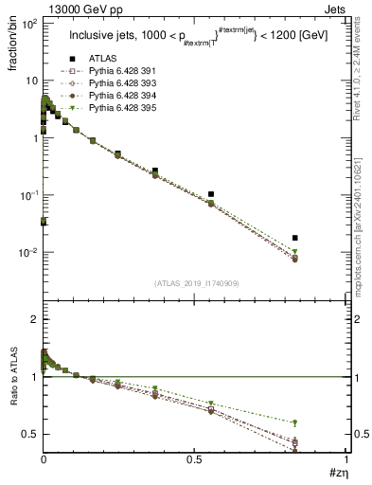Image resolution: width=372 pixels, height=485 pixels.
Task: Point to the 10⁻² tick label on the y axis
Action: click(27, 253)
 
